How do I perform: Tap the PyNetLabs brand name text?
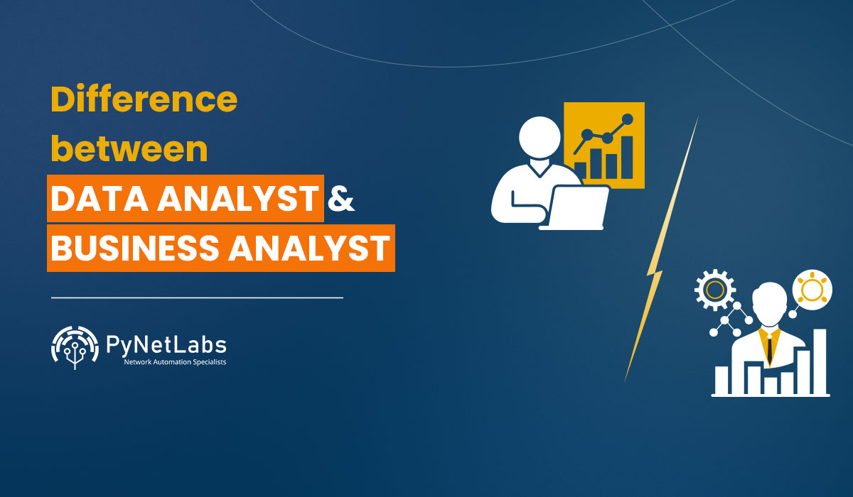(166, 344)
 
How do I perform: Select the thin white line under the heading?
(197, 297)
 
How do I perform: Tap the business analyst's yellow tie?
(769, 346)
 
